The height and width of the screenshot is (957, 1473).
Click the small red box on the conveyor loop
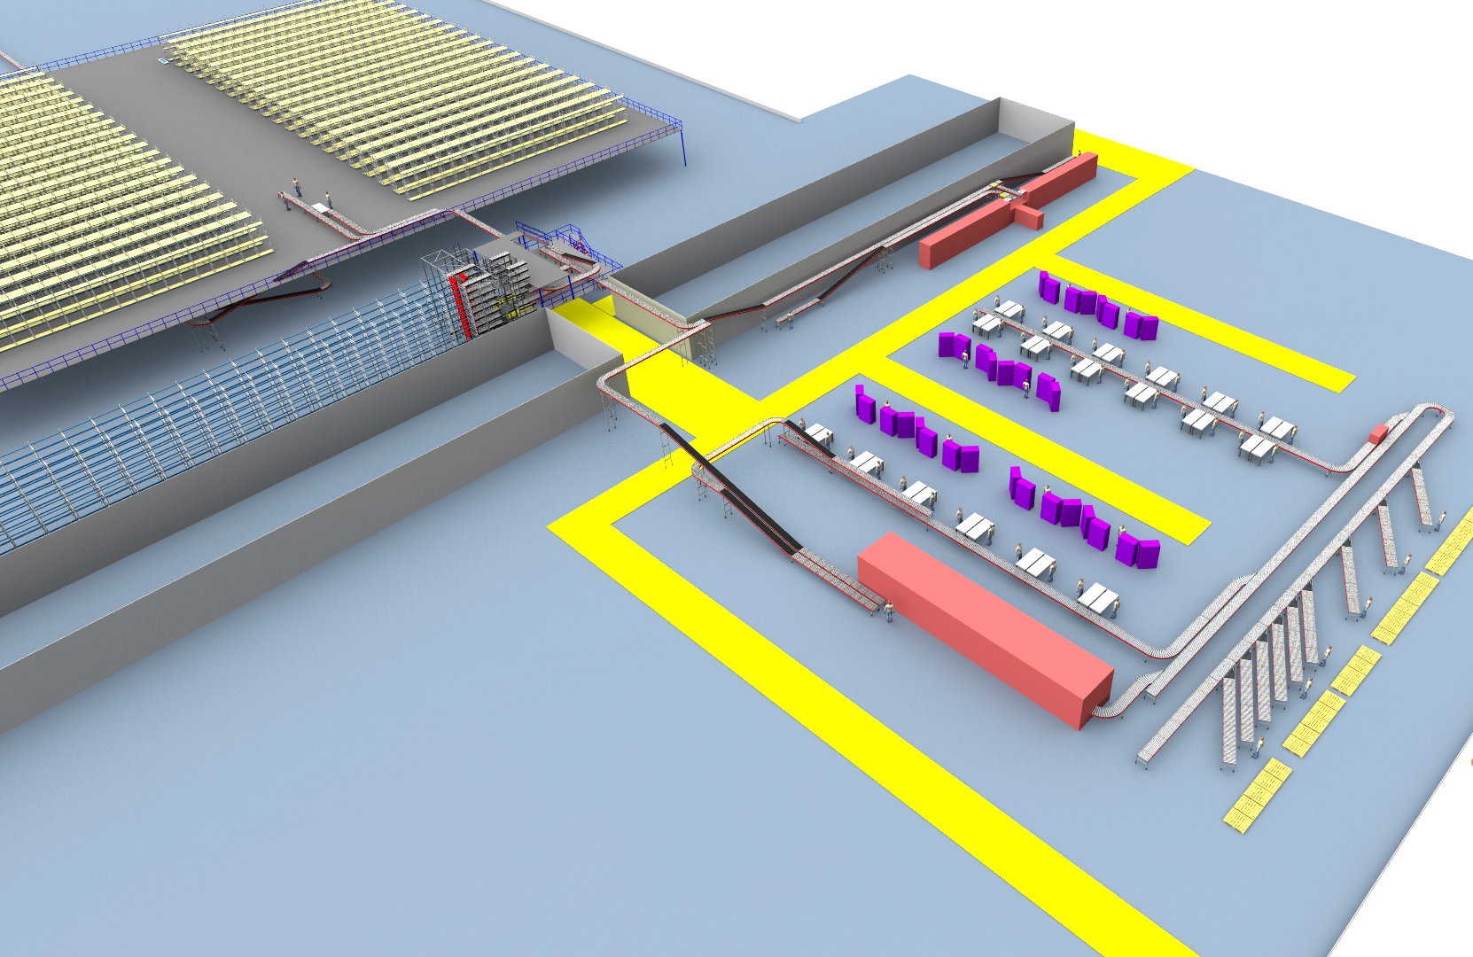tap(1378, 434)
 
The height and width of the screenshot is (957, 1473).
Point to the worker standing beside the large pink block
tap(889, 610)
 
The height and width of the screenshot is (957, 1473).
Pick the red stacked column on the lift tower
tap(459, 306)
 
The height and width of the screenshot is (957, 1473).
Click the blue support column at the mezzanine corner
tap(684, 146)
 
